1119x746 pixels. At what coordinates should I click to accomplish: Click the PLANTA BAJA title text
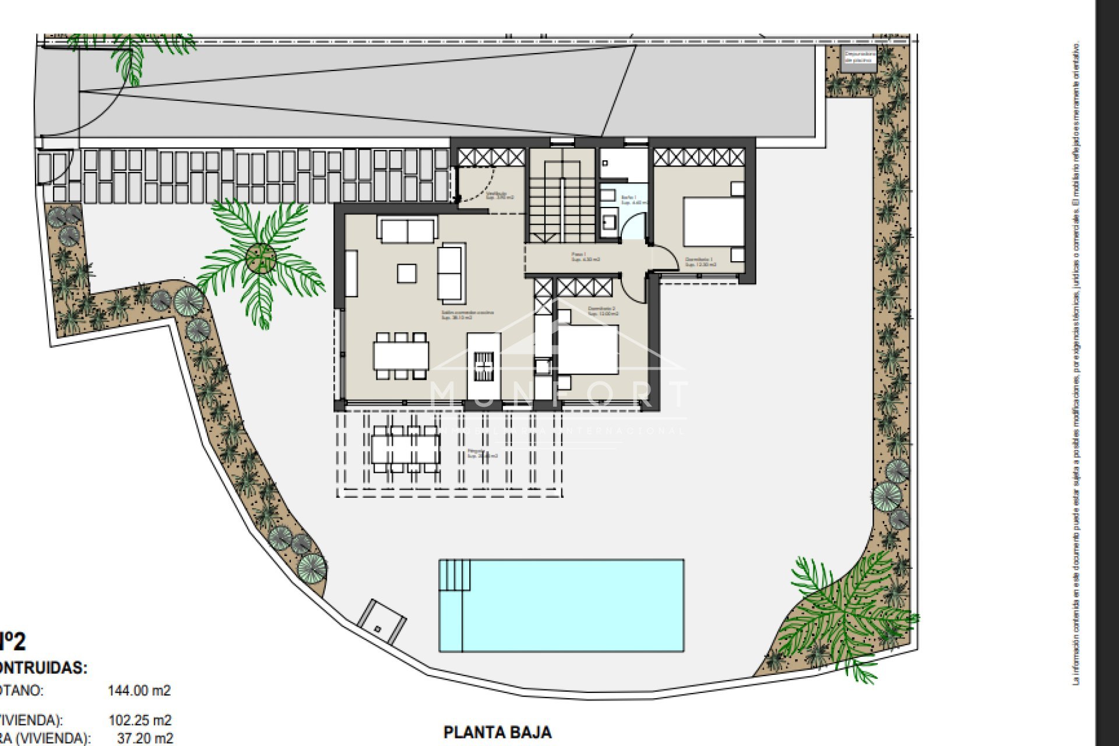(497, 732)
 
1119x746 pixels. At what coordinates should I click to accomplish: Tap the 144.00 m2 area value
(139, 691)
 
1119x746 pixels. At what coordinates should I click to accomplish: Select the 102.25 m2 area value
(140, 720)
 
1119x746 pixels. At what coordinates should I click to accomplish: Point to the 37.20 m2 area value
(145, 738)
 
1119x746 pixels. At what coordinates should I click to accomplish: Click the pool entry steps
(455, 575)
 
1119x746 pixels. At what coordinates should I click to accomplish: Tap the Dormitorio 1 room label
(699, 262)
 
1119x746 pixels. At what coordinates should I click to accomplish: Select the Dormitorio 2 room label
(602, 311)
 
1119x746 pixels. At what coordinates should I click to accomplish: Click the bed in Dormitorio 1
(713, 221)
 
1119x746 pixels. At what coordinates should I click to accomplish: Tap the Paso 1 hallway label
(585, 257)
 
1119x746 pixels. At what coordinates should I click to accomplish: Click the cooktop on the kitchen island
(484, 366)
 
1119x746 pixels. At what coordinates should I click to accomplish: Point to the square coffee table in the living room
(407, 273)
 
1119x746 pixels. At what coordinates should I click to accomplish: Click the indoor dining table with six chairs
(401, 356)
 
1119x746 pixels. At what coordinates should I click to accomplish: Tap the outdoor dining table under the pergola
(406, 448)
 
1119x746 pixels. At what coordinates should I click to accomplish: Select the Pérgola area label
(482, 453)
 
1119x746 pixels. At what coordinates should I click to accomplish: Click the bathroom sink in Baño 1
(610, 221)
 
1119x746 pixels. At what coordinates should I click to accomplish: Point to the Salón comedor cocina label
(467, 315)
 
